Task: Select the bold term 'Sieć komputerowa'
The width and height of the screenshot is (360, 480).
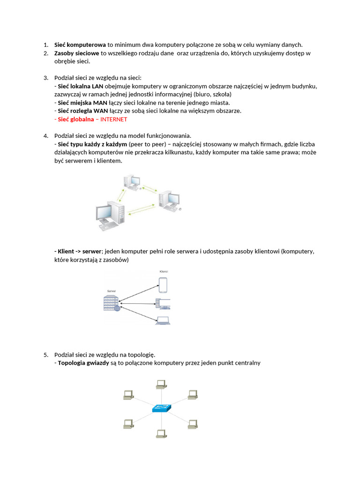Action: pos(80,45)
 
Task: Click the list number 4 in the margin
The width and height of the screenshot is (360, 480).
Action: pos(46,135)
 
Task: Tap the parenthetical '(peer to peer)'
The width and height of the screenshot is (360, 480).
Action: pos(147,144)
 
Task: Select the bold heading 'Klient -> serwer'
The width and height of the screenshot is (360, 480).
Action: pos(78,251)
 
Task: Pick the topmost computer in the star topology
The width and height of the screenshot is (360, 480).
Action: pos(160,384)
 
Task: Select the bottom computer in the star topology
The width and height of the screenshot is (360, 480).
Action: pos(160,434)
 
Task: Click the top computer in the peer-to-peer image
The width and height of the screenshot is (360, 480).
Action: pos(132,182)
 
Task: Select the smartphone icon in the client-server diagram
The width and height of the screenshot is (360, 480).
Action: pos(163,285)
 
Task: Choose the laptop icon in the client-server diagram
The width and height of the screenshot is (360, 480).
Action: pos(163,321)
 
